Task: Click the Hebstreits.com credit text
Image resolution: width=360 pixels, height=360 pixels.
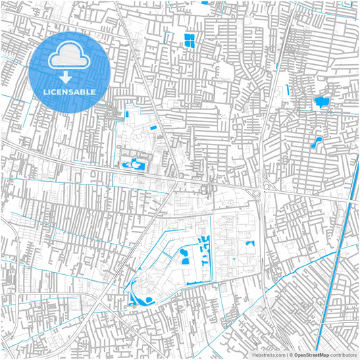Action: [x=268, y=354]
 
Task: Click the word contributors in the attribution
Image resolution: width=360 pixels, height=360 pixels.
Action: [x=344, y=354]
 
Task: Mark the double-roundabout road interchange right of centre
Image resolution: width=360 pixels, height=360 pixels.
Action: [x=262, y=190]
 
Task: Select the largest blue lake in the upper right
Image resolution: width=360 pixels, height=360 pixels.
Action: [x=321, y=103]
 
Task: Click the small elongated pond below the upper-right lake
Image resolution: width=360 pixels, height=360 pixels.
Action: [x=315, y=143]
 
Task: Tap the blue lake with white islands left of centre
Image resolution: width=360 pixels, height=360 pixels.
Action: [x=134, y=163]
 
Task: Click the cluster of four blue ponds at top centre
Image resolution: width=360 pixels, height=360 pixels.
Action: [x=189, y=39]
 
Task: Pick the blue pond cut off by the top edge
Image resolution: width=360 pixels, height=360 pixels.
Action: [x=204, y=2]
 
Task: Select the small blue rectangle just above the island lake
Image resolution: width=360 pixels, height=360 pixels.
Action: [x=153, y=128]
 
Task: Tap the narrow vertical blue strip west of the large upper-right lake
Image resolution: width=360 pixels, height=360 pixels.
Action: [x=289, y=90]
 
